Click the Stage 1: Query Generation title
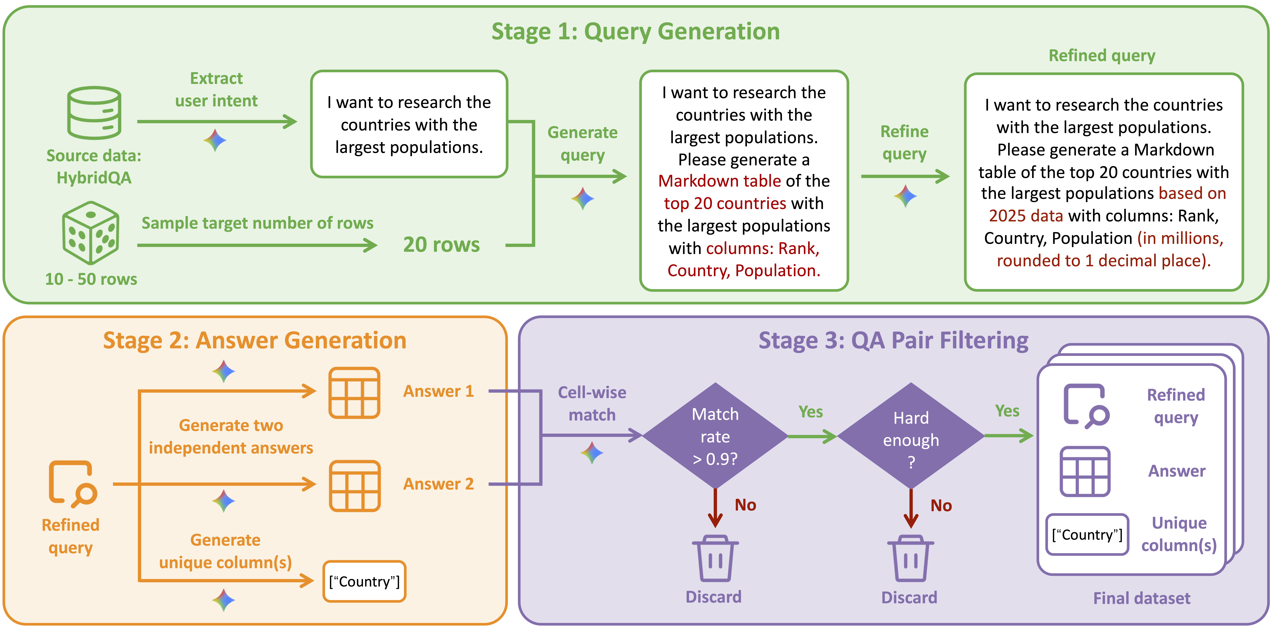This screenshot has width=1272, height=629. click(x=636, y=32)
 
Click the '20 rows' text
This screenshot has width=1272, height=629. click(x=441, y=245)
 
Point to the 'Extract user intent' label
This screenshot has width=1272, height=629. click(x=216, y=89)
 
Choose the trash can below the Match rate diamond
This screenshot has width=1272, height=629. click(x=715, y=558)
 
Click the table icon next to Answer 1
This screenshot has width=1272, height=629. click(x=354, y=393)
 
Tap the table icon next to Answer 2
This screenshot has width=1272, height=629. click(x=354, y=486)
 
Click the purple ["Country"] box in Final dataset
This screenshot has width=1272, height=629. click(x=1087, y=535)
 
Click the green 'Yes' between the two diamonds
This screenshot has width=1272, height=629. click(x=810, y=412)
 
